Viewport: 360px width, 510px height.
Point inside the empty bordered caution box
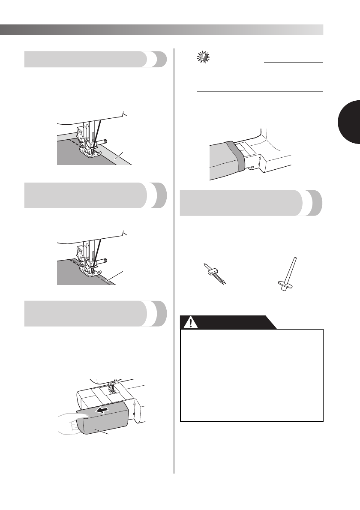251,375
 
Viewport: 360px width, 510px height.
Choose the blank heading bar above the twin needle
245,204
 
